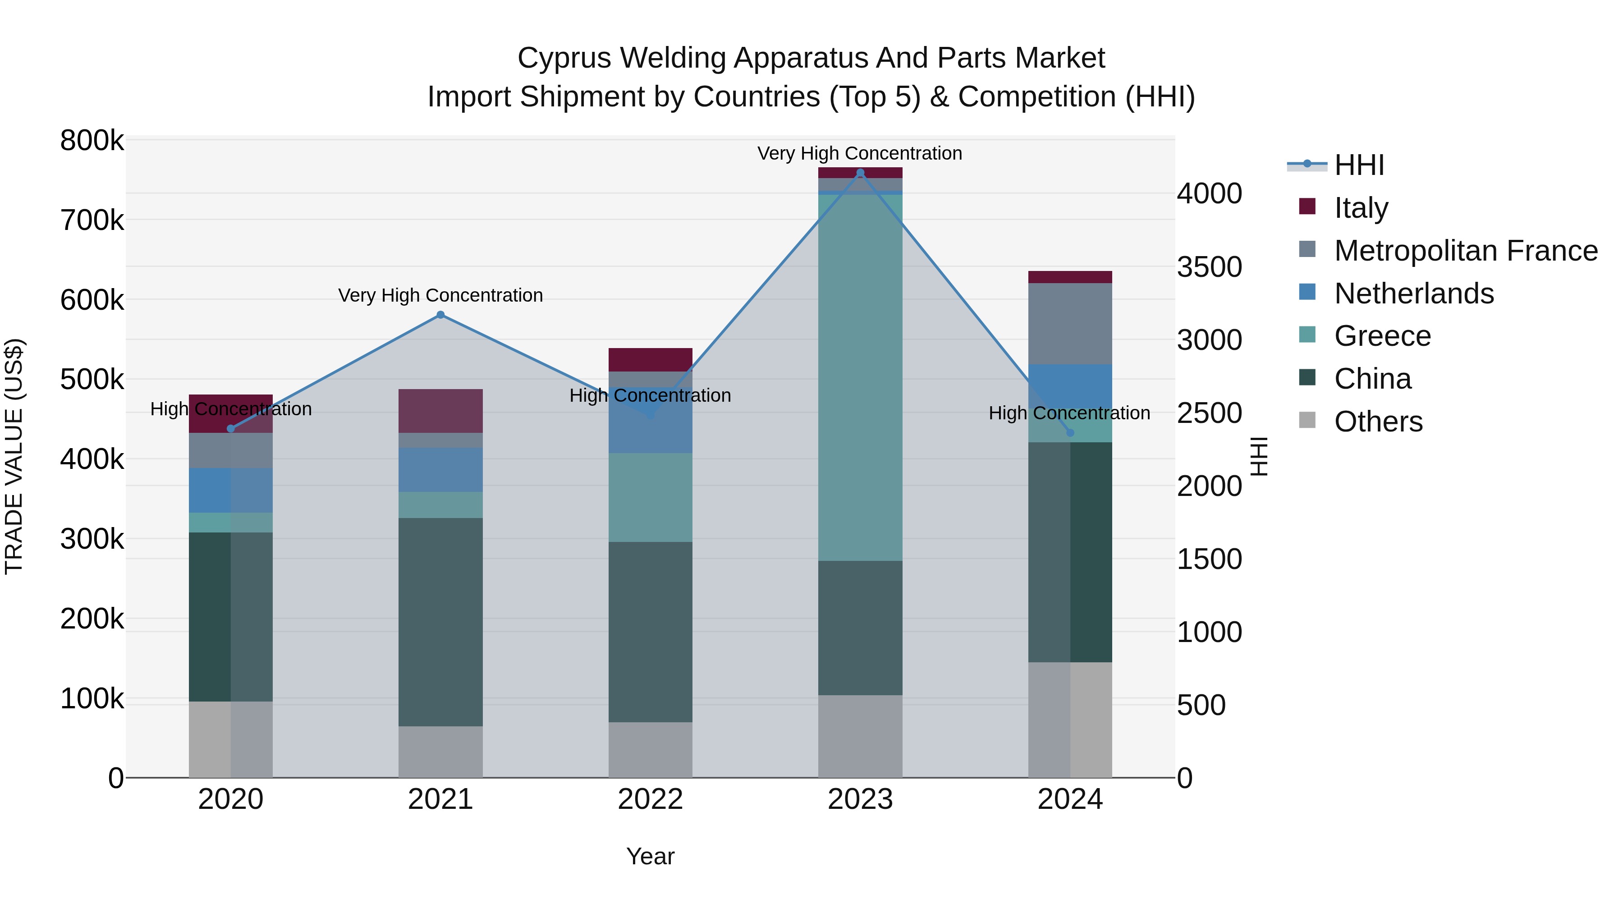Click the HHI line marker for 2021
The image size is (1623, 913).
tap(440, 315)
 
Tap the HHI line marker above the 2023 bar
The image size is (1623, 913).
tap(860, 173)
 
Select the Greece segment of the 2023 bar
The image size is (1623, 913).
tap(860, 378)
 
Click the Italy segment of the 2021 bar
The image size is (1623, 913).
tap(440, 411)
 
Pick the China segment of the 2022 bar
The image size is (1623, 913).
tap(650, 632)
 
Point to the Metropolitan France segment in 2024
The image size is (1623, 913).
tap(1070, 324)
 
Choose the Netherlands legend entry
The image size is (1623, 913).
tap(1413, 294)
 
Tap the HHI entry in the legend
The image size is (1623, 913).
tap(1359, 165)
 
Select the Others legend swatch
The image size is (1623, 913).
tap(1307, 420)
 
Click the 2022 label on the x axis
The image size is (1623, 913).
tap(650, 799)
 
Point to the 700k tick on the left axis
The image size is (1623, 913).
tap(92, 220)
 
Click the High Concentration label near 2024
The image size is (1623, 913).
tap(1069, 413)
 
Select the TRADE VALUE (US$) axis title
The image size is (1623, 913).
tap(14, 456)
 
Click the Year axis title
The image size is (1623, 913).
tap(650, 856)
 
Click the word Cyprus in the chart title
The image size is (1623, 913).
tap(564, 58)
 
